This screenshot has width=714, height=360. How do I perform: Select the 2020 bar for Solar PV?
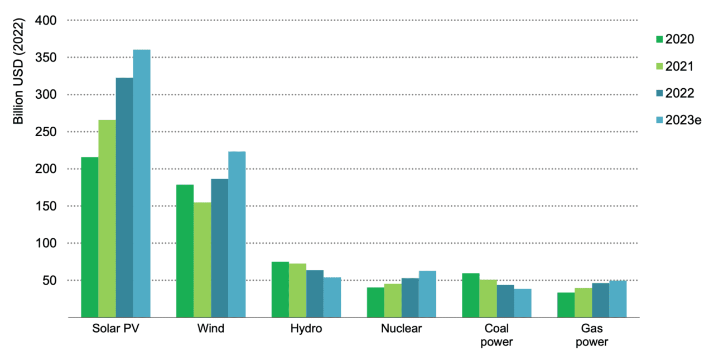90,237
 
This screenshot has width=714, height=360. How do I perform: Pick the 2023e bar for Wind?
237,234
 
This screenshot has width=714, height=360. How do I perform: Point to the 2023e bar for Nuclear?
427,294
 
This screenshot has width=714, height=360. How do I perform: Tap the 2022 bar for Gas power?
600,300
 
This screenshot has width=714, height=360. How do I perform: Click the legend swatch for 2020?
659,39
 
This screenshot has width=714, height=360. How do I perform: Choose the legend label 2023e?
683,120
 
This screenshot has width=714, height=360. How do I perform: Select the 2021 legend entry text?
679,66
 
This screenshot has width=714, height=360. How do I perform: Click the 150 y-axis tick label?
47,206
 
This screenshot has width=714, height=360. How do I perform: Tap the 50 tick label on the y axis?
50,280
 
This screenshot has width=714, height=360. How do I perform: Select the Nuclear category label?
402,328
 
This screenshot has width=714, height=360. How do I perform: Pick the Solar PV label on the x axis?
115,328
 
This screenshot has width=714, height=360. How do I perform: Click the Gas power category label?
592,335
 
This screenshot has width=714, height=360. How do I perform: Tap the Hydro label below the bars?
306,328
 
